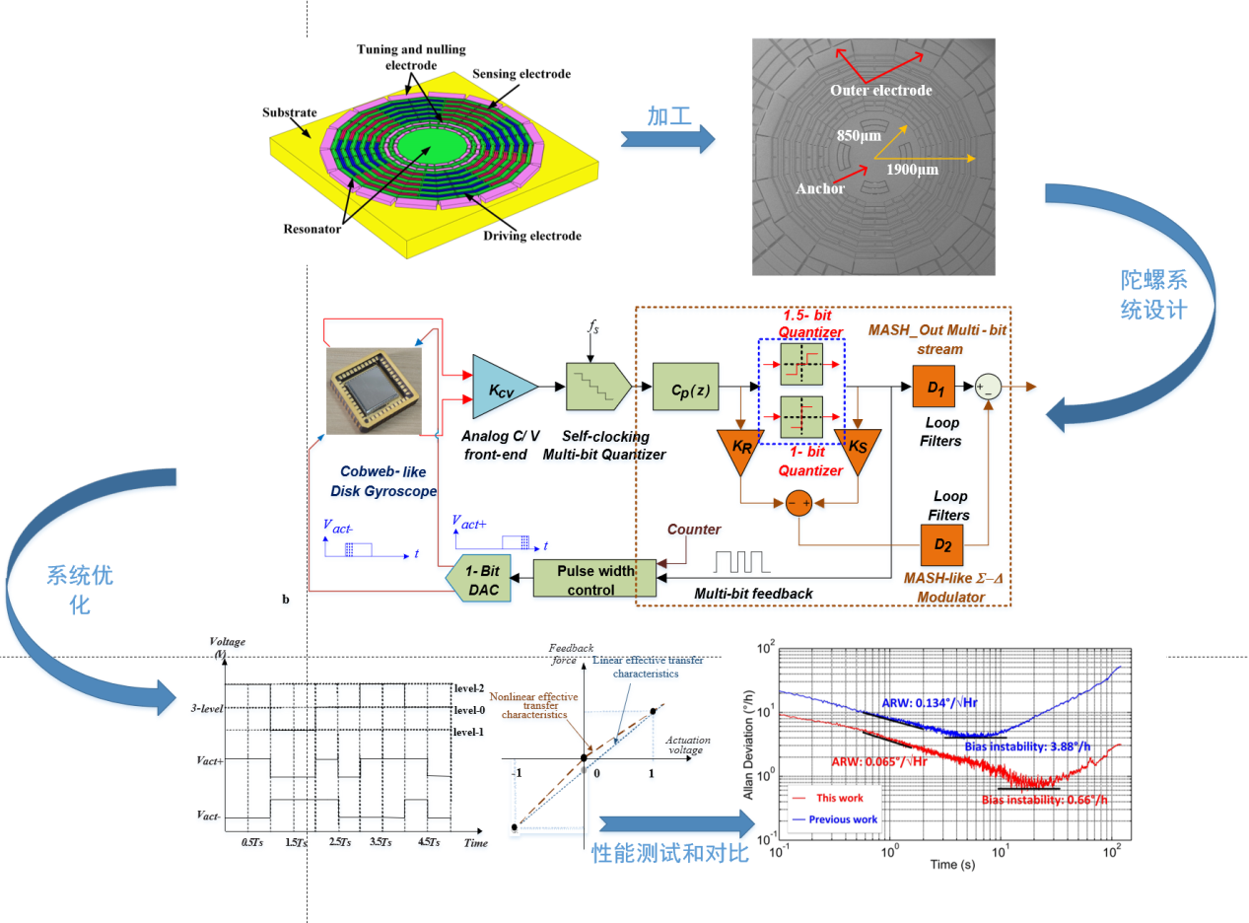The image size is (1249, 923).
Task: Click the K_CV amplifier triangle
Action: [x=501, y=390]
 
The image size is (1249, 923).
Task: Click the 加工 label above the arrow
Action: [x=667, y=114]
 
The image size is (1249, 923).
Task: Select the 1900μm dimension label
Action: [x=912, y=170]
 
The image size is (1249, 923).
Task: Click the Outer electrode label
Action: [x=880, y=91]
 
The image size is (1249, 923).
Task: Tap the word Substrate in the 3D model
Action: [x=289, y=111]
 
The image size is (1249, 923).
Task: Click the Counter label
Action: [x=695, y=530]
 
